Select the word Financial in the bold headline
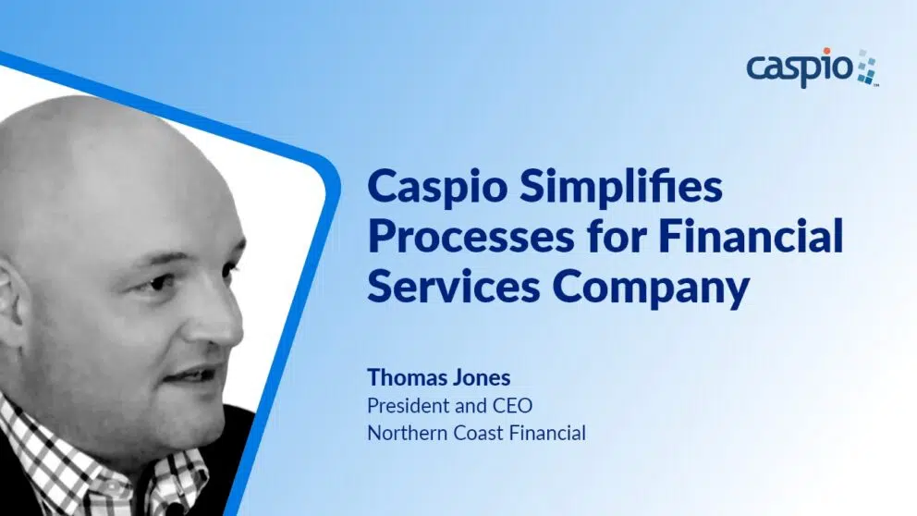click(751, 236)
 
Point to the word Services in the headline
click(453, 287)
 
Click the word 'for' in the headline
click(617, 236)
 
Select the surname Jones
click(483, 377)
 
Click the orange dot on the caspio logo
click(826, 52)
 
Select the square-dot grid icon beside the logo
click(867, 68)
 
